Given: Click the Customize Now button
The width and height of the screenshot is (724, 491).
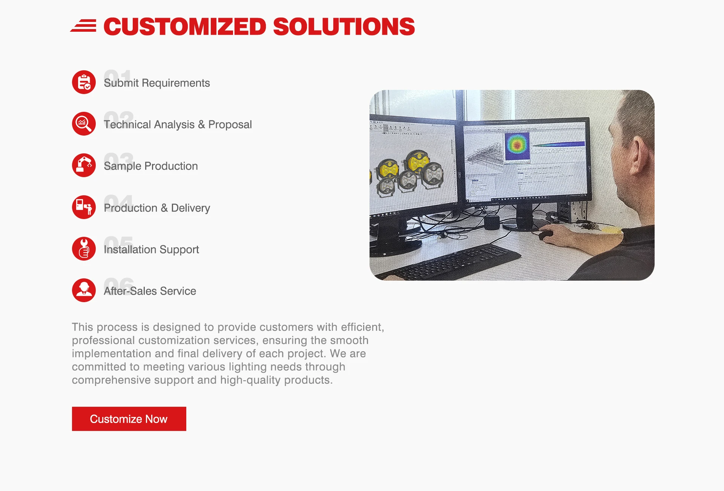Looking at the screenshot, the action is pos(129,419).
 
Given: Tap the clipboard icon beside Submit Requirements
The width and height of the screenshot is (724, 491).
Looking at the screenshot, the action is pos(84,82).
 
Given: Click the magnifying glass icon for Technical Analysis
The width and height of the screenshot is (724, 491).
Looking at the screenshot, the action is pos(84,124).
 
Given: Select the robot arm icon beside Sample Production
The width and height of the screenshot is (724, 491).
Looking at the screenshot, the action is pos(84,165).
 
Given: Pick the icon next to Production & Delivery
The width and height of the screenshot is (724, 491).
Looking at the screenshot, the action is pos(84,207).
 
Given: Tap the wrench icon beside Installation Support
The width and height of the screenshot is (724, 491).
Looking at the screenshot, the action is pos(84,249).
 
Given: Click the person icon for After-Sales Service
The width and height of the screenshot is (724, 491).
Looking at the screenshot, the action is pos(84,290).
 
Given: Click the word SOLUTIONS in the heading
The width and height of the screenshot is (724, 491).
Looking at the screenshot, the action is pos(344,27).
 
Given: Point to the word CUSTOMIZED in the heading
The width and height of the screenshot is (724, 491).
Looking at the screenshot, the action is pos(185,27).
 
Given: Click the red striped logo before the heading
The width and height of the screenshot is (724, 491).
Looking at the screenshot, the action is pos(83,26).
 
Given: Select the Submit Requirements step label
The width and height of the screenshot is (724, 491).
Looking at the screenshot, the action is pos(157,83).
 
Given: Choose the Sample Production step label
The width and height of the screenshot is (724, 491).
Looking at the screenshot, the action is pos(151,166).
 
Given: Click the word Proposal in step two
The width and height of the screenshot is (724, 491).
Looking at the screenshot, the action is pos(230,125).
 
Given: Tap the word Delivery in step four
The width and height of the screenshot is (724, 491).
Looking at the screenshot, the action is pos(190,208).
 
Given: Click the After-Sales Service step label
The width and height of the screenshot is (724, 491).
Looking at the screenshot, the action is pos(150,291).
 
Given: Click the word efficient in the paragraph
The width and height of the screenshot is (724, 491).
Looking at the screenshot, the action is pos(362,327).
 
